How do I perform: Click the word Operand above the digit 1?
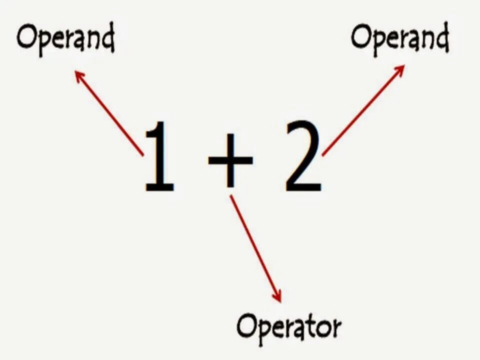point(65,38)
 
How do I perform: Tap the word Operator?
point(288,327)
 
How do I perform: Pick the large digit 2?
point(303,157)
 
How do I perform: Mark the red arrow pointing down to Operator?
point(255,248)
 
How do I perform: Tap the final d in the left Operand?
point(107,38)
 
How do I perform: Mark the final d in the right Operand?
point(441,37)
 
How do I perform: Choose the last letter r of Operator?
point(337,328)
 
